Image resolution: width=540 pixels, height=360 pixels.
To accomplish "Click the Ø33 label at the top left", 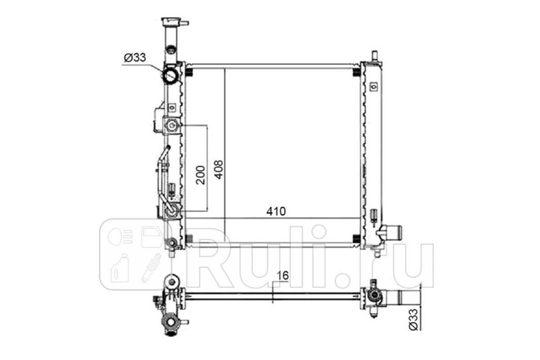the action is click(135, 58).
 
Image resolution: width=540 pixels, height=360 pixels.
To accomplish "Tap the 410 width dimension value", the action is click(276, 211).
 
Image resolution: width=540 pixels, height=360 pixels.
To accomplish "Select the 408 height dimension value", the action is click(219, 170).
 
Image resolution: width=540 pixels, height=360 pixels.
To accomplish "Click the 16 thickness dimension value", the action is click(283, 275).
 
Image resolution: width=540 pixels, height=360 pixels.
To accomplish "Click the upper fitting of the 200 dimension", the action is click(171, 126).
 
